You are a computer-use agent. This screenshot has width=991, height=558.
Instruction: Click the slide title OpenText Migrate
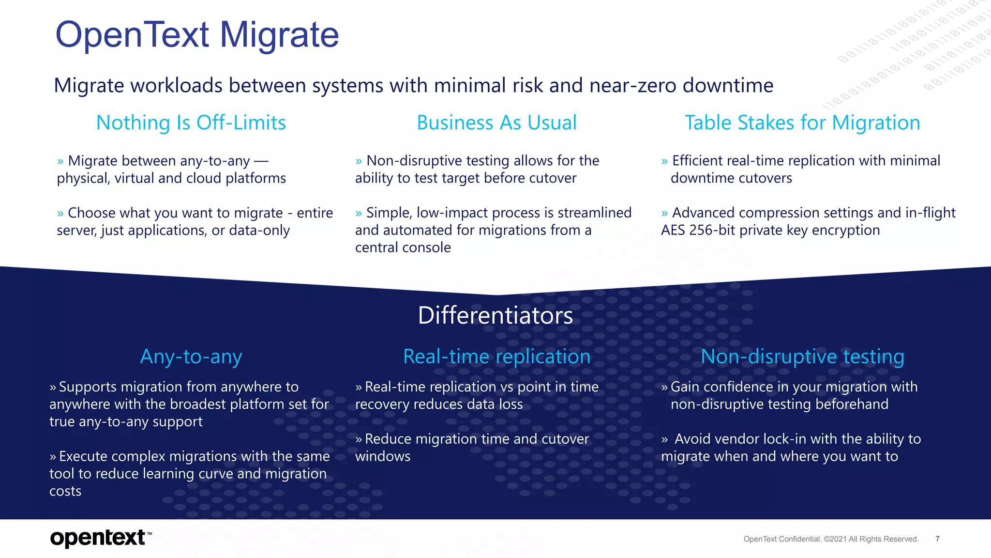click(197, 35)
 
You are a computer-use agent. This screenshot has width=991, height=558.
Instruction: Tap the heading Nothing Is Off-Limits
click(191, 123)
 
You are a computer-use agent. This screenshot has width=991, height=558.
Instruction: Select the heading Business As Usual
click(496, 123)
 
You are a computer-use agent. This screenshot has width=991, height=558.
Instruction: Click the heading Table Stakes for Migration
click(802, 123)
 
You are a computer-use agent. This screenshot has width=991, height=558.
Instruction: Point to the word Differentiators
click(495, 315)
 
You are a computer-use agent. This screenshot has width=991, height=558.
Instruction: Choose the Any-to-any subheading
click(191, 356)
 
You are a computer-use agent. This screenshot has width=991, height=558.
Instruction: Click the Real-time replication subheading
click(496, 356)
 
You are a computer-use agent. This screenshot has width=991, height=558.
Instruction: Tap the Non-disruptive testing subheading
click(802, 356)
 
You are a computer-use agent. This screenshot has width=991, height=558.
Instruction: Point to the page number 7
click(937, 539)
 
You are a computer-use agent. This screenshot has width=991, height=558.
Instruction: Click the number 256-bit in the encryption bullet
click(712, 230)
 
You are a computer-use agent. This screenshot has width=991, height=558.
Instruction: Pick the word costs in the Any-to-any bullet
click(65, 491)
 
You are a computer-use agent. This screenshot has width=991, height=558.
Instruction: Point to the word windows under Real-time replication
click(383, 456)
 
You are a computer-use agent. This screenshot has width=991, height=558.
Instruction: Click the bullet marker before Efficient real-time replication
click(664, 161)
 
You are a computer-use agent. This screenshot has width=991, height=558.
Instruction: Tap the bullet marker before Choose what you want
click(60, 214)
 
